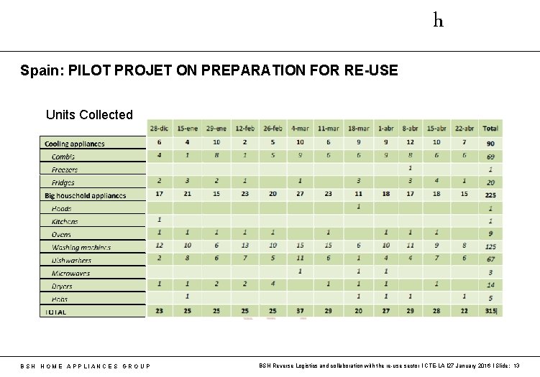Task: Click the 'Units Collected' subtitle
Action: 89,114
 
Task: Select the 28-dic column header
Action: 159,129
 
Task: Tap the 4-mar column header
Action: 301,129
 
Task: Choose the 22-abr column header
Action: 464,129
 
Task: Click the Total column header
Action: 491,129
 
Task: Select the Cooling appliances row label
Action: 75,144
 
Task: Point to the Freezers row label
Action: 65,169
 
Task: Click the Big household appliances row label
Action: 85,195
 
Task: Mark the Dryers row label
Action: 62,286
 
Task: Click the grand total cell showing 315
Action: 491,311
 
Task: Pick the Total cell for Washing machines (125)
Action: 491,246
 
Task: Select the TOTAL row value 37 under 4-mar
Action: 301,310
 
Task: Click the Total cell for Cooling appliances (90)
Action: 491,143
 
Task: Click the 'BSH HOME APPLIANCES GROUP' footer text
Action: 86,366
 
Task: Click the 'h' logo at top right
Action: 438,20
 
